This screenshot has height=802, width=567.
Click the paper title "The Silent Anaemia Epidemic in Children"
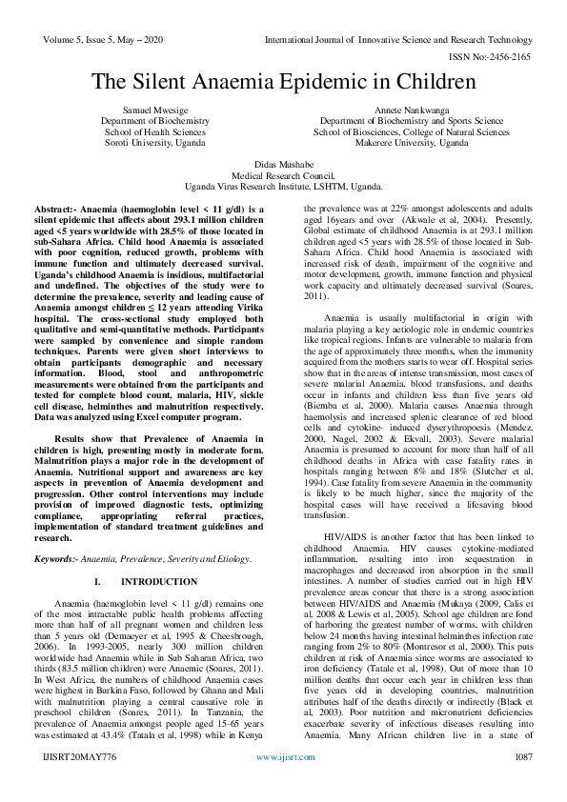pos(283,81)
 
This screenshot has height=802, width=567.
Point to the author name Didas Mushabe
pos(283,165)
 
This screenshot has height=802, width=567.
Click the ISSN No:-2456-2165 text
pos(497,57)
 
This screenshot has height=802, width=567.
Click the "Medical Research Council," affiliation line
pos(283,176)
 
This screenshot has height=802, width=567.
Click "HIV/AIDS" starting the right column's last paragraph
pos(344,537)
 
